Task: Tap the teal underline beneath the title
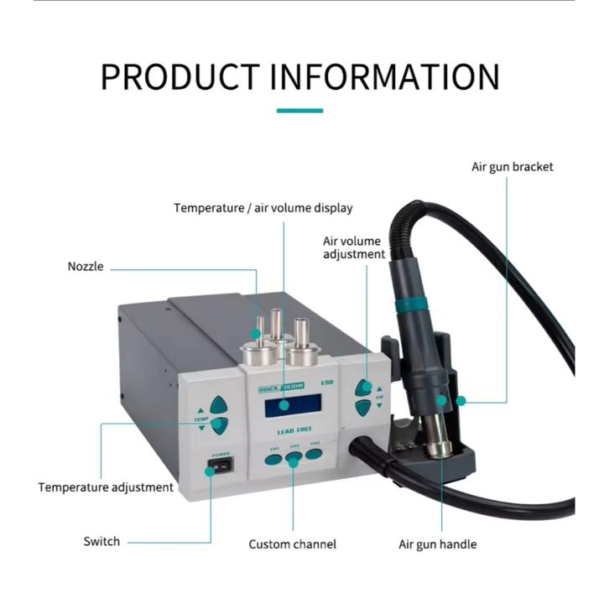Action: click(299, 111)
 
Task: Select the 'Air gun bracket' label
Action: click(512, 167)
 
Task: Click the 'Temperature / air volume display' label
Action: click(263, 208)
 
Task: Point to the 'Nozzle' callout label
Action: click(86, 267)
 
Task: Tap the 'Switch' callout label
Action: click(101, 541)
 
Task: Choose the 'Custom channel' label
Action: click(292, 544)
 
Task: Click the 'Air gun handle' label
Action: click(437, 544)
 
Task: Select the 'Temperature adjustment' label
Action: click(106, 487)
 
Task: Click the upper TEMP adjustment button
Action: click(219, 404)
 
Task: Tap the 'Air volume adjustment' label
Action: click(354, 247)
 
